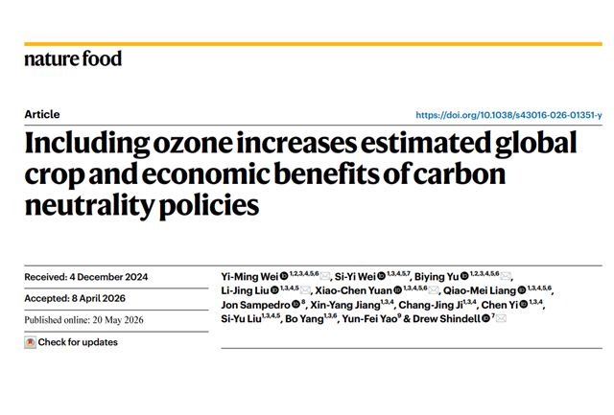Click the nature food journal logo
pos(73,59)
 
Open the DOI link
pos(508,115)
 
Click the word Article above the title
pos(42,114)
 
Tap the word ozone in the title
pos(193,143)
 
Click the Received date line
pos(86,277)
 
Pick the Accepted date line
pos(75,298)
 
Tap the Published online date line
pos(83,320)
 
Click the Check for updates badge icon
pos(30,342)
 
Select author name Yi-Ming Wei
pos(249,277)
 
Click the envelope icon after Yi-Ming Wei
pos(324,277)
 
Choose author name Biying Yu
pos(437,277)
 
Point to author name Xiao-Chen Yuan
pos(353,290)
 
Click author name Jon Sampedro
pos(255,305)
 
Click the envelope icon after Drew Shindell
pos(501,319)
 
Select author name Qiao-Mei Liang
pos(480,290)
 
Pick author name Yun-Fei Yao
pos(369,319)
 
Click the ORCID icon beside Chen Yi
pos(523,305)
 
